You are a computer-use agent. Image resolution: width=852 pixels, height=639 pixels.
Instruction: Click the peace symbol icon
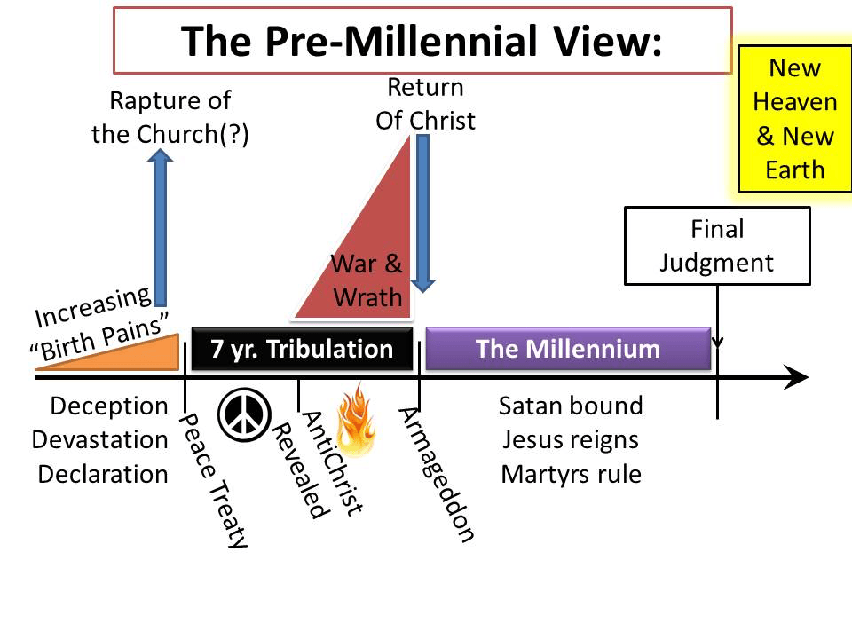coord(245,415)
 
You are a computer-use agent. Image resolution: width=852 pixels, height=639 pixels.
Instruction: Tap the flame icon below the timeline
coord(357,420)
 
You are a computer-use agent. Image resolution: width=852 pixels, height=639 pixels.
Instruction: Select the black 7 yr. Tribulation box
coord(302,349)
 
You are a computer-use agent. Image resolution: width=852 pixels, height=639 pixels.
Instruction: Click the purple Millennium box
coord(568,349)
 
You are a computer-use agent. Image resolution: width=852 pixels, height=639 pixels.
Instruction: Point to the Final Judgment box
coord(717,246)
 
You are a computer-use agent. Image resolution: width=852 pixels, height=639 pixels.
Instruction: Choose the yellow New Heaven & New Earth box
coord(795,119)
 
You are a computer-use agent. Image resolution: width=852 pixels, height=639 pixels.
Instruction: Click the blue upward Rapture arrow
coord(161,227)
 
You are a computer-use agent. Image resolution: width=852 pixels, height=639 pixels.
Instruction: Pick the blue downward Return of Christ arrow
coord(422,214)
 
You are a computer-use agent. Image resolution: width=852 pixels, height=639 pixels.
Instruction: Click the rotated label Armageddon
coord(437,474)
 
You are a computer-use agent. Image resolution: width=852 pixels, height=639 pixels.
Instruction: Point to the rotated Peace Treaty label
coord(214,480)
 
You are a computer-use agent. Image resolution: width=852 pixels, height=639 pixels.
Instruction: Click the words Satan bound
coord(571,406)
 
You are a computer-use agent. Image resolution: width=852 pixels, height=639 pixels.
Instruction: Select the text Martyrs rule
coord(571,474)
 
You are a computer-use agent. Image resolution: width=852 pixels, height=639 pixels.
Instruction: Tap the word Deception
coord(108,406)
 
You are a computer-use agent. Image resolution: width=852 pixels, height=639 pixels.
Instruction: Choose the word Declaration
coord(103,474)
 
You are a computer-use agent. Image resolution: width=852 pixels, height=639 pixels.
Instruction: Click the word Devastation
coord(100,440)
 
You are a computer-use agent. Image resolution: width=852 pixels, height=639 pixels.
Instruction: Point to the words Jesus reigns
coord(571,440)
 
